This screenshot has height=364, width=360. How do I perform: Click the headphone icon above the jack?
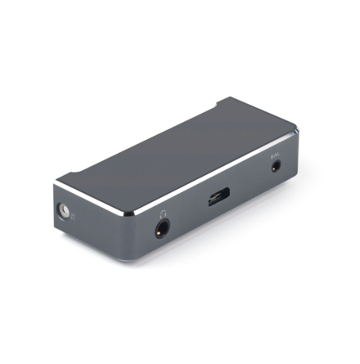[x=164, y=215]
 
